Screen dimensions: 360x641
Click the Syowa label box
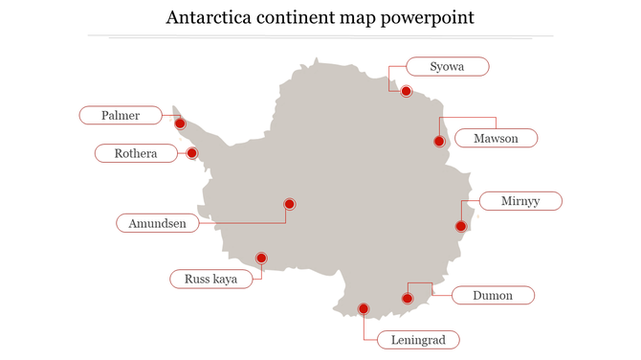click(448, 66)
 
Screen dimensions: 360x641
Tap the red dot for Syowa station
click(406, 91)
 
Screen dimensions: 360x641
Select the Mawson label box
click(496, 139)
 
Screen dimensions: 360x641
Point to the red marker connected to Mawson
click(439, 142)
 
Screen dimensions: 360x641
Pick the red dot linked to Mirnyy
click(460, 226)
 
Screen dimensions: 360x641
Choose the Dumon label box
click(493, 296)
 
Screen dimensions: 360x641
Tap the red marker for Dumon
click(407, 299)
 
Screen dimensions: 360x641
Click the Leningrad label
click(418, 339)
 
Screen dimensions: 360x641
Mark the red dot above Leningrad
click(363, 308)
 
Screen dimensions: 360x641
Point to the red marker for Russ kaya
click(260, 258)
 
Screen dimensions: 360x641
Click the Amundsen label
click(158, 223)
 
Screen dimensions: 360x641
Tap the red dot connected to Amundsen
click(289, 203)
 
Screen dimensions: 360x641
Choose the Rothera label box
click(136, 153)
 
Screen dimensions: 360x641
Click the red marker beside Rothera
click(191, 153)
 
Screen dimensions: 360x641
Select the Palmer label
click(121, 116)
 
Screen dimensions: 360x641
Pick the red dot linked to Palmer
click(179, 123)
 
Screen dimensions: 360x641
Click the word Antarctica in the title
click(207, 18)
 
